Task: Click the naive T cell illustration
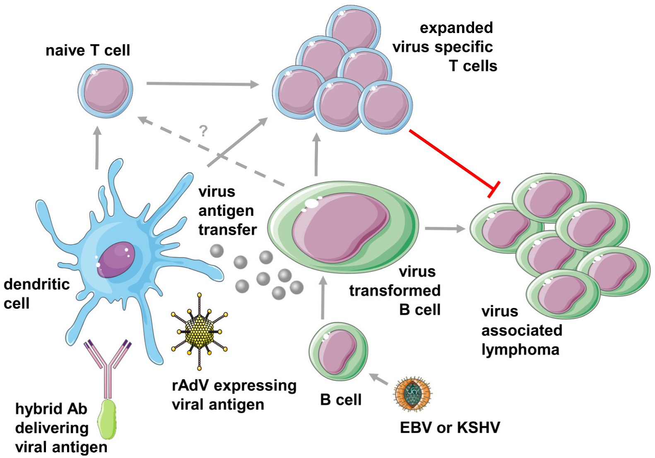click(x=106, y=91)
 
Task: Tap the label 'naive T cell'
click(x=88, y=50)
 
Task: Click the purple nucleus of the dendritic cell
click(x=116, y=260)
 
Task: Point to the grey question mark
click(x=203, y=131)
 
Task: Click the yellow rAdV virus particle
click(x=200, y=331)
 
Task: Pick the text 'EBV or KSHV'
click(x=450, y=427)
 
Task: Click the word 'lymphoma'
click(x=520, y=350)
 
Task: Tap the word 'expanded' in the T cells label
click(x=456, y=28)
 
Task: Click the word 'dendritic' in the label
click(x=36, y=284)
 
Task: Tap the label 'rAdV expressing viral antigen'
click(x=234, y=395)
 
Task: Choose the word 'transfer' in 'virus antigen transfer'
click(x=227, y=230)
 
